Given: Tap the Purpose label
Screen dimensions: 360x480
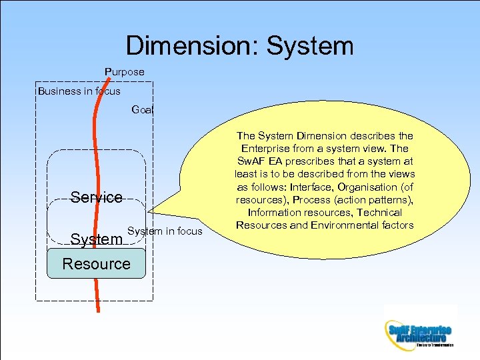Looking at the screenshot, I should click(124, 71).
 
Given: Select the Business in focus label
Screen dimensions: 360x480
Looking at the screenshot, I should click(79, 91).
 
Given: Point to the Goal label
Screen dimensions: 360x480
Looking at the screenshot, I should click(142, 109).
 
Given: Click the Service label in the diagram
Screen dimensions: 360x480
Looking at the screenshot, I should click(97, 197).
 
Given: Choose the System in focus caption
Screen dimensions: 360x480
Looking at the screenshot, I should click(165, 231).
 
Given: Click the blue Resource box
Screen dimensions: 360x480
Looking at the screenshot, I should click(97, 263).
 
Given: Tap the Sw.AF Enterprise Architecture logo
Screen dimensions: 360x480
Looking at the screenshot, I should click(419, 331).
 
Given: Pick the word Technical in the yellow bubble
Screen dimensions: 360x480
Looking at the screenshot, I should click(378, 213).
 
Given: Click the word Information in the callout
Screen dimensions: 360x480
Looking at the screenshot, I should click(275, 213).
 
